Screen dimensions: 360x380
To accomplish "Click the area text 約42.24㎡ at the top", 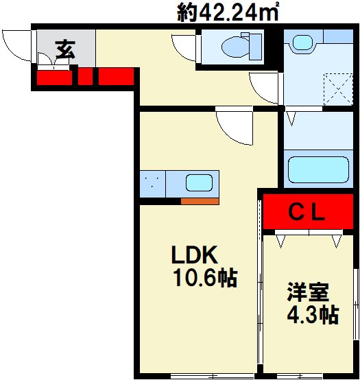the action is [x=228, y=12].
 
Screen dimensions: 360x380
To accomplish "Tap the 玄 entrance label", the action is [x=65, y=49].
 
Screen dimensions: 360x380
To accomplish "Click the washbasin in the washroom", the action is [x=303, y=43].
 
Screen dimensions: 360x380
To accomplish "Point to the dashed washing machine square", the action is [x=338, y=89].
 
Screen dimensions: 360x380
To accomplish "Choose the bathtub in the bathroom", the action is [x=318, y=169].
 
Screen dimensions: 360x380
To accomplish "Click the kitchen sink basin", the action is [x=199, y=182].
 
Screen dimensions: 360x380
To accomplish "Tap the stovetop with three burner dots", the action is [x=153, y=184].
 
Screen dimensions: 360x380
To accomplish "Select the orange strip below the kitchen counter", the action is [x=200, y=201].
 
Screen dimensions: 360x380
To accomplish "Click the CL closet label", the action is [x=307, y=213].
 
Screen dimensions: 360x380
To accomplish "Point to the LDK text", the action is [x=194, y=254].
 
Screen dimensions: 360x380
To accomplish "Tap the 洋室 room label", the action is [x=308, y=292].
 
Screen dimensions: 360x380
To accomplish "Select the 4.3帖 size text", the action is [x=313, y=315].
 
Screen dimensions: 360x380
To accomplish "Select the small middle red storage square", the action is [x=85, y=77].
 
